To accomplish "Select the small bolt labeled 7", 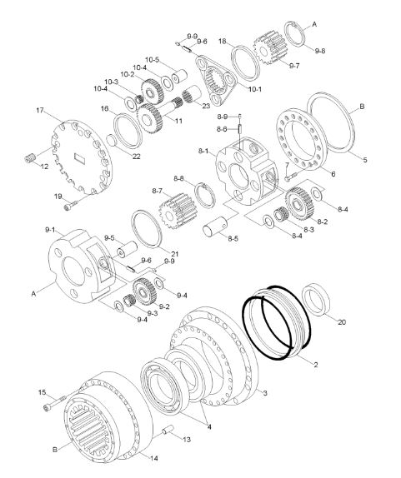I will (288, 177).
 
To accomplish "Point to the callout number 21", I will (176, 253).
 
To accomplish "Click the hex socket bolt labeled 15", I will (52, 406).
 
